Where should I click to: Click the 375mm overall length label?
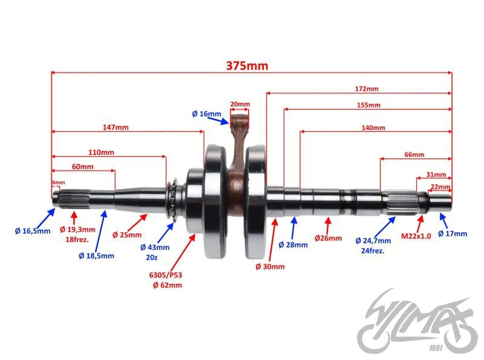coord(247,65)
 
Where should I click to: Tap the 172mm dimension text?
coord(367,89)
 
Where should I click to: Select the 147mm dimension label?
coord(116,127)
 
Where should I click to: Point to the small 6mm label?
coord(58,183)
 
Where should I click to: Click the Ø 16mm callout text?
coord(206,114)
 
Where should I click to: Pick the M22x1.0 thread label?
coord(416,236)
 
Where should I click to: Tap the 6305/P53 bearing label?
coord(165,275)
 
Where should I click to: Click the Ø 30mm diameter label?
coord(270,266)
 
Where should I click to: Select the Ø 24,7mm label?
coord(373,241)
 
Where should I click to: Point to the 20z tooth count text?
coord(152,257)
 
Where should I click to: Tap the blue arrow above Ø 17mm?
coord(443,220)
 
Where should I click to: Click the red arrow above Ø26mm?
coord(328,225)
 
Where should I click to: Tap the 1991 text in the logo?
coord(436,348)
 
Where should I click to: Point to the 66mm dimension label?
coord(414,154)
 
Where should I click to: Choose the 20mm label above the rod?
coord(240,104)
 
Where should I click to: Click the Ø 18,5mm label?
coord(96,256)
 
